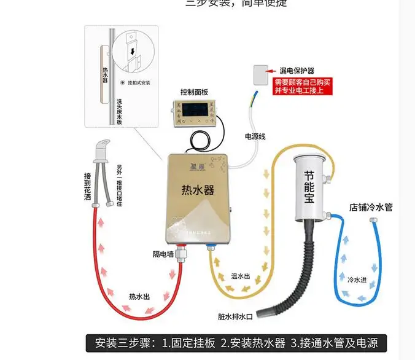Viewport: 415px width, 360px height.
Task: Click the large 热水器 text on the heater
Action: click(198, 190)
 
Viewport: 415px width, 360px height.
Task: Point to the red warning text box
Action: click(303, 86)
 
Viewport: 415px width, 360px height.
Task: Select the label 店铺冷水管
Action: click(371, 207)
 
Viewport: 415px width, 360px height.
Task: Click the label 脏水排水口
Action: click(235, 317)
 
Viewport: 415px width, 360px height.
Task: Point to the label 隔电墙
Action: click(164, 253)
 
